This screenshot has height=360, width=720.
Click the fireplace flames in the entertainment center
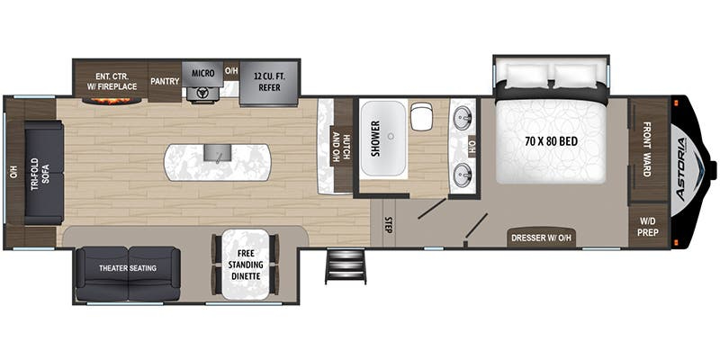pos(112,100)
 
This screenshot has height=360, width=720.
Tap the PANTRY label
pos(165,81)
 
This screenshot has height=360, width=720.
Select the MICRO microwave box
pos(203,74)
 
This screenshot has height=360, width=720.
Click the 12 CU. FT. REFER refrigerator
pos(269,83)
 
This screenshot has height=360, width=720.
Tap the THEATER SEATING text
pos(128,268)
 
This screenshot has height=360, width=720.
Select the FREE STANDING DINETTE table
pos(245,265)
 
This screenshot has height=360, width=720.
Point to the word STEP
pos(387,224)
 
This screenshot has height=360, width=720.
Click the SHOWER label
pos(375,139)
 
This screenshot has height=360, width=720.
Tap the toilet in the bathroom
pos(421,117)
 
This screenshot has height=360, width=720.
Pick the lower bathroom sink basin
pos(463,175)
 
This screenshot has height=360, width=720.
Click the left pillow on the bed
pos(526,76)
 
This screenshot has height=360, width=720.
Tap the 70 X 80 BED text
pos(551,141)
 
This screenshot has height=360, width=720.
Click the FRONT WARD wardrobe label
pos(647,149)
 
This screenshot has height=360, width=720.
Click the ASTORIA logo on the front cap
pos(683,168)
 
